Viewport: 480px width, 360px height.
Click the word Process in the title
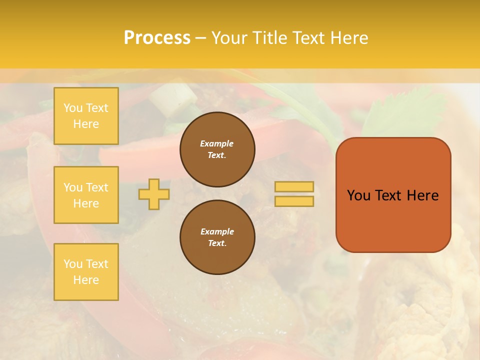pyautogui.click(x=157, y=38)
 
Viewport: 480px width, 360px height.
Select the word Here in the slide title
pyautogui.click(x=347, y=38)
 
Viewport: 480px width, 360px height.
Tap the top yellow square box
pyautogui.click(x=86, y=116)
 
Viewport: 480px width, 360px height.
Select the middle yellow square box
pyautogui.click(x=86, y=195)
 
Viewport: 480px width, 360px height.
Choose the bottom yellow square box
pyautogui.click(x=86, y=272)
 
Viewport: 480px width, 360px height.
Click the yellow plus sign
pyautogui.click(x=154, y=194)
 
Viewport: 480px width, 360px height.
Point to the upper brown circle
pyautogui.click(x=217, y=149)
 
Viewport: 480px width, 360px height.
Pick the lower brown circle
pyautogui.click(x=217, y=237)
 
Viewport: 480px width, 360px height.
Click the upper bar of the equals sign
pyautogui.click(x=294, y=187)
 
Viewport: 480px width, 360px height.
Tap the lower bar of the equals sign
pyautogui.click(x=294, y=201)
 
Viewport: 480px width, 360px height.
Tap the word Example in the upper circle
pyautogui.click(x=217, y=144)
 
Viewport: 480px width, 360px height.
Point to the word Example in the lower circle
pyautogui.click(x=217, y=232)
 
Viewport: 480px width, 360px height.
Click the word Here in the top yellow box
pyautogui.click(x=86, y=124)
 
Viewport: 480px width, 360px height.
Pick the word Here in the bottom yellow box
pyautogui.click(x=86, y=280)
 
